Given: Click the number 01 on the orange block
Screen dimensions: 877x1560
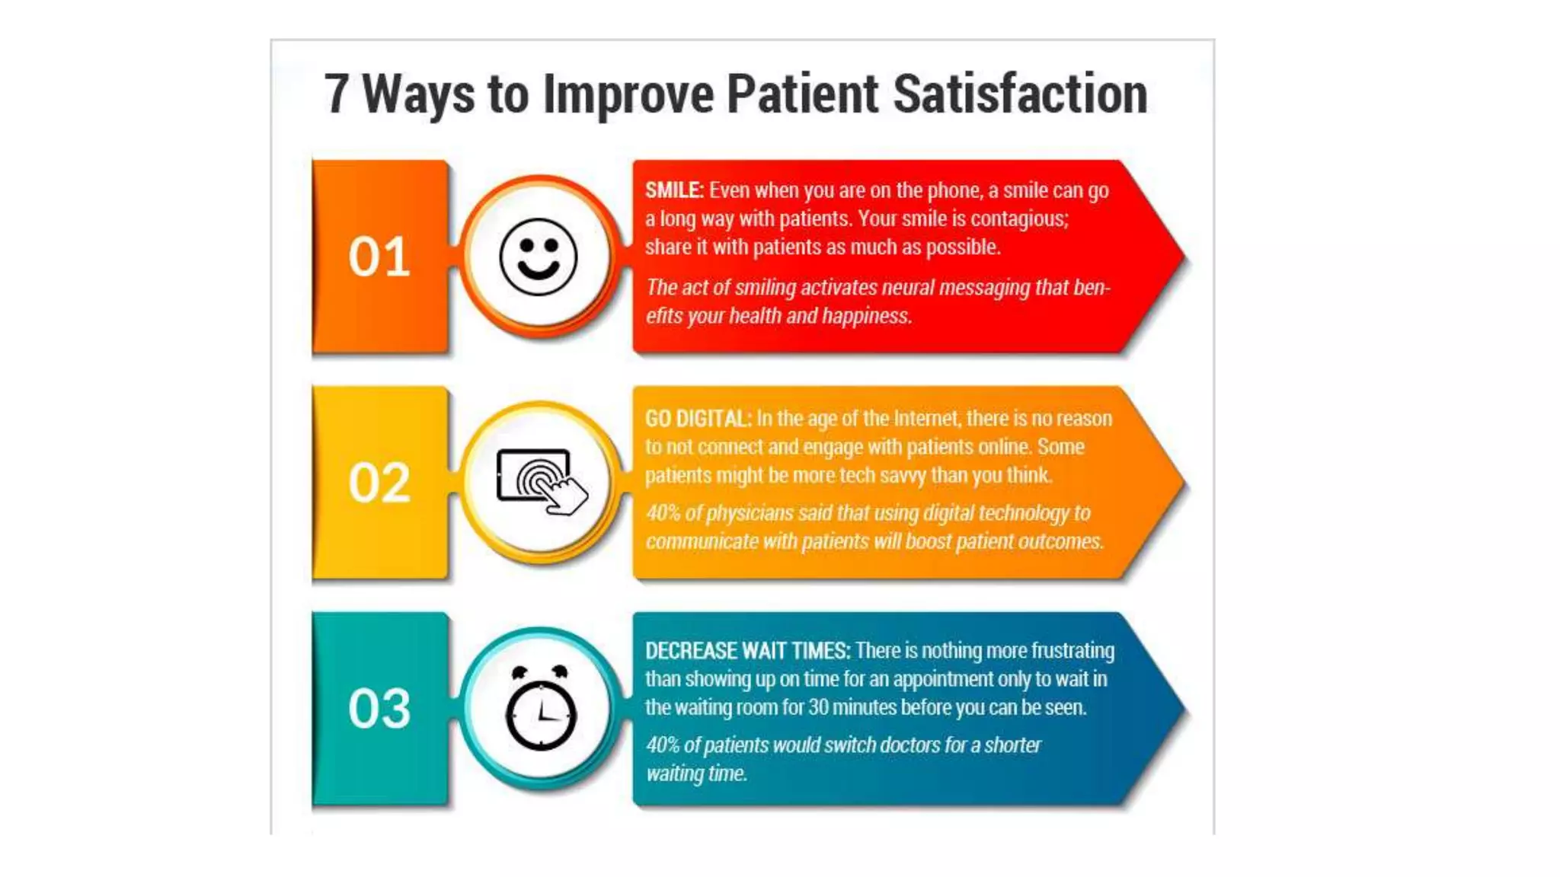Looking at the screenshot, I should [379, 257].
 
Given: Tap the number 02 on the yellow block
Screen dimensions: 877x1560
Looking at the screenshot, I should [379, 483].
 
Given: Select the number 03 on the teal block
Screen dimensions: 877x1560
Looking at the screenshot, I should [379, 709].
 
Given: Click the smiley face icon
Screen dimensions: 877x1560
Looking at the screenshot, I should [539, 257].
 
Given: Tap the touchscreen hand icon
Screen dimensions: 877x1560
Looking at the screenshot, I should [541, 481].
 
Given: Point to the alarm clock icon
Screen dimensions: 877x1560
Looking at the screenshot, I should [541, 708].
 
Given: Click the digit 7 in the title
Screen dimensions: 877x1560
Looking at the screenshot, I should [336, 95].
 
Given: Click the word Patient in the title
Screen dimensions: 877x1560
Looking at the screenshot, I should [802, 95].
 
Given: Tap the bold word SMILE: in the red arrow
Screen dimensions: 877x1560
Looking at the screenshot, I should [674, 190].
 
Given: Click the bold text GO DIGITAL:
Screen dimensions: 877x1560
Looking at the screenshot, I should [698, 419].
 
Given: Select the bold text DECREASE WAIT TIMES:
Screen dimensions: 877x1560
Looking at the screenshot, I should [747, 651].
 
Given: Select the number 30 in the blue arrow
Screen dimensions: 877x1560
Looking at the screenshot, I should [818, 708].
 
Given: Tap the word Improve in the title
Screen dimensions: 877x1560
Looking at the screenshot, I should [628, 95].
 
